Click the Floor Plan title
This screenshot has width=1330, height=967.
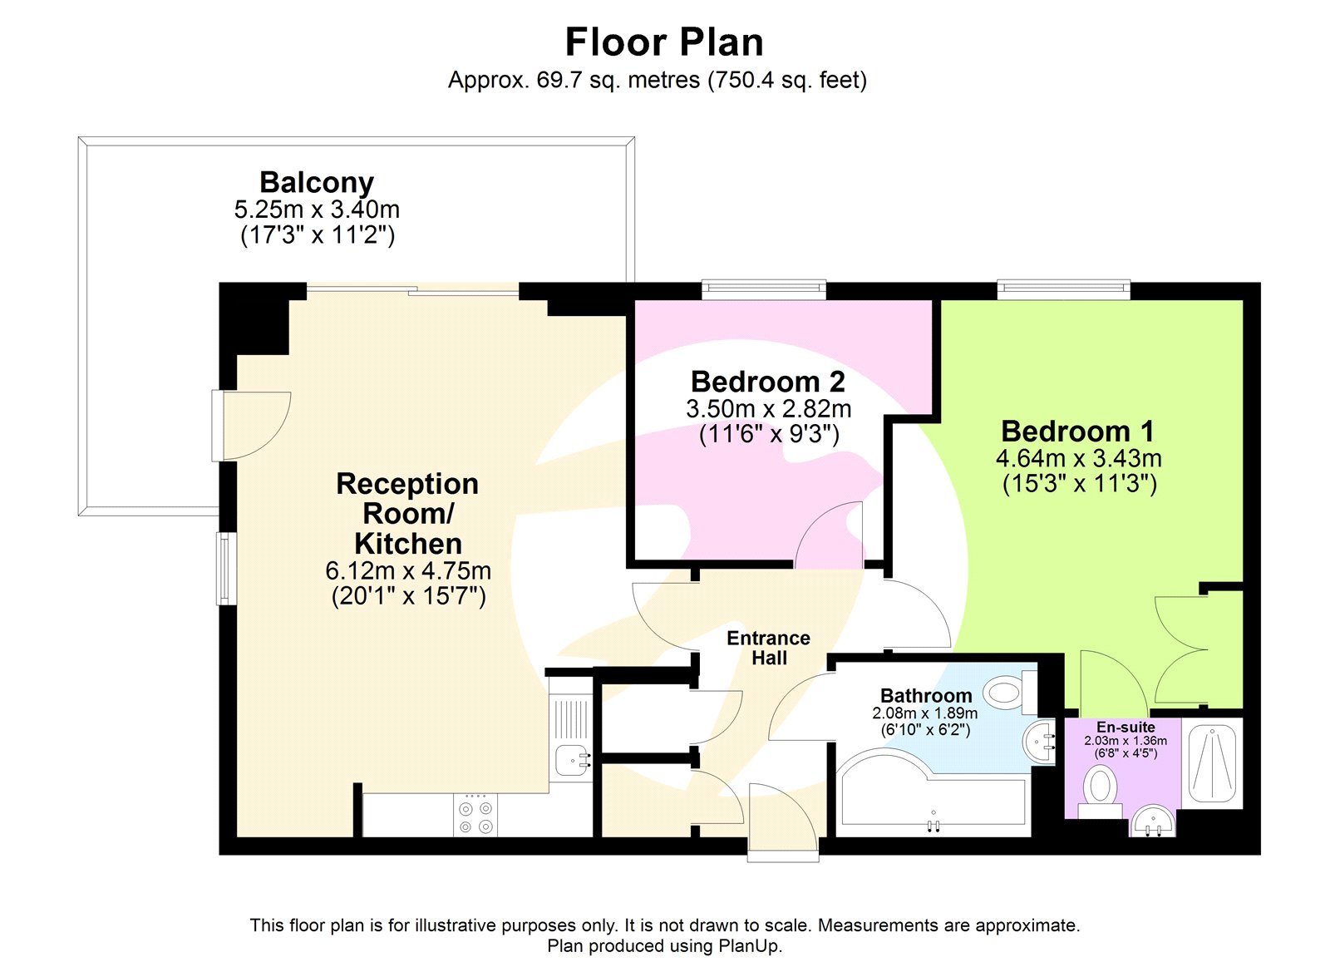click(x=663, y=42)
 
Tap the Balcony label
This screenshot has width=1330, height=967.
click(x=317, y=182)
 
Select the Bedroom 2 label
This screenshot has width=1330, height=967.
click(x=767, y=382)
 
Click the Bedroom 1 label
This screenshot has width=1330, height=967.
click(x=1077, y=432)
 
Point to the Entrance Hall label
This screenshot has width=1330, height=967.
click(x=768, y=648)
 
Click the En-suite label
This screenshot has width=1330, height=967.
click(x=1125, y=727)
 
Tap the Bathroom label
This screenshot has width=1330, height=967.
click(x=926, y=695)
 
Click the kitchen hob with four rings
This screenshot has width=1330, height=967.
click(x=475, y=816)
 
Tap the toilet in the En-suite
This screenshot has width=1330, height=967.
click(x=1101, y=789)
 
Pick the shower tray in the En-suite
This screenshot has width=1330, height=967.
click(x=1212, y=764)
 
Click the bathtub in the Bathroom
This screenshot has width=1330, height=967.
click(x=931, y=798)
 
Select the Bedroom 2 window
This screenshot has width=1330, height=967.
click(x=763, y=289)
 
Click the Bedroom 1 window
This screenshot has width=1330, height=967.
click(x=1063, y=289)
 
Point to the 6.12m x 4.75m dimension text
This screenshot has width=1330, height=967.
click(x=407, y=571)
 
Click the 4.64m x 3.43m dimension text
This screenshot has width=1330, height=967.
click(x=1078, y=458)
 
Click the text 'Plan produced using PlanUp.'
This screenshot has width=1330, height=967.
click(x=664, y=946)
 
